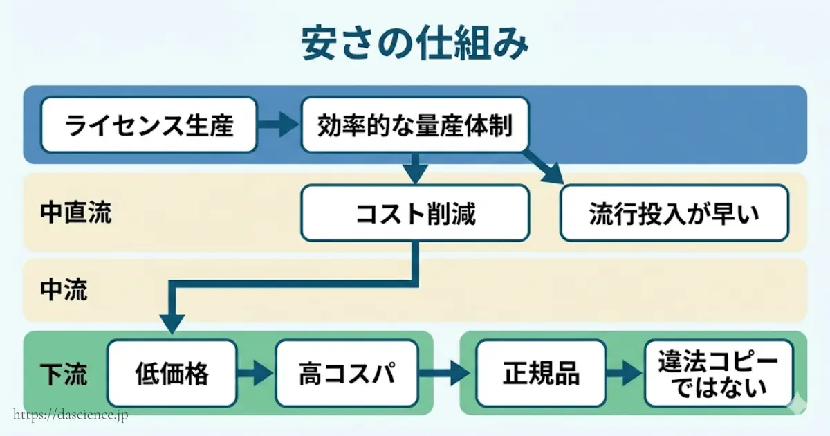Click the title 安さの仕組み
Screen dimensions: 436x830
415,44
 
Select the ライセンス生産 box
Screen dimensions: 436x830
149,125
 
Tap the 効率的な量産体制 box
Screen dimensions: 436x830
415,125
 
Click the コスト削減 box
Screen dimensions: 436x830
415,213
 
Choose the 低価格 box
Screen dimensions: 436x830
171,374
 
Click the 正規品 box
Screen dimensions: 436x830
542,374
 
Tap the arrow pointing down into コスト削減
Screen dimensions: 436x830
415,169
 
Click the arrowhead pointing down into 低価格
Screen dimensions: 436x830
172,323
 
